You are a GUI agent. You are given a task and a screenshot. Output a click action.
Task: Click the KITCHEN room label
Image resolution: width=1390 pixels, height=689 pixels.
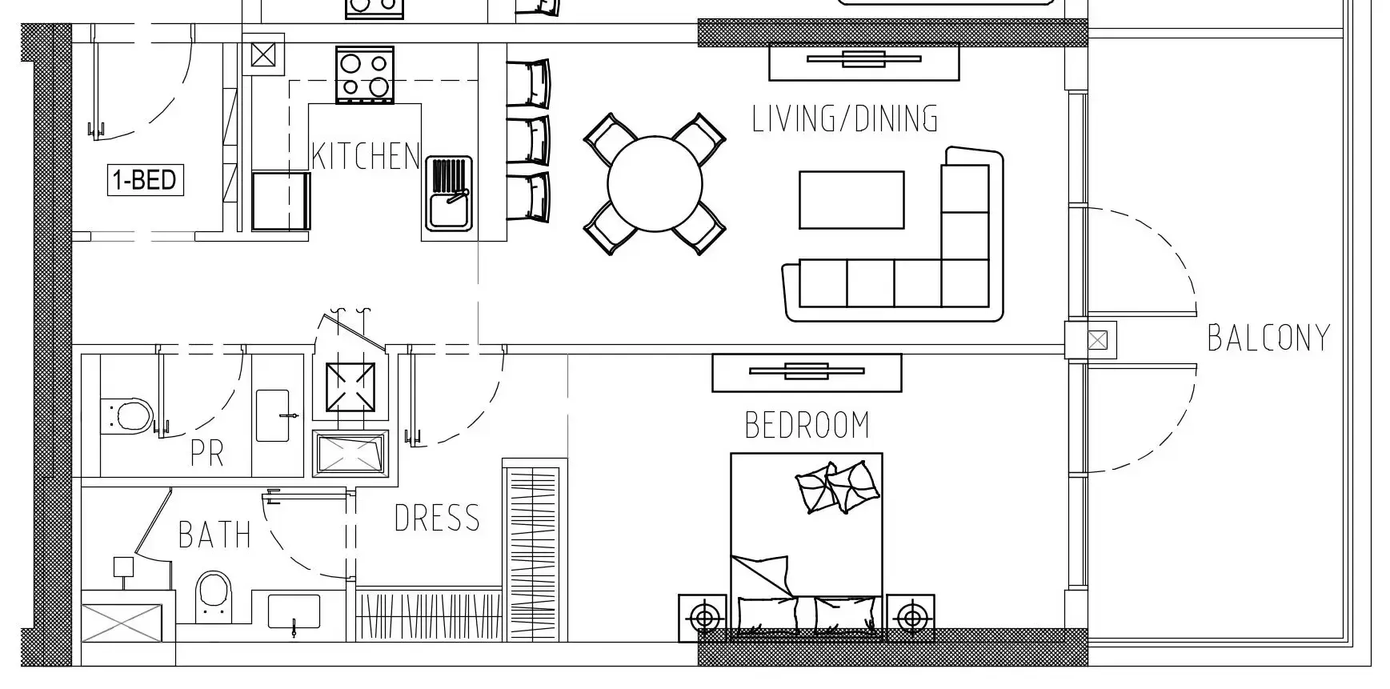(366, 156)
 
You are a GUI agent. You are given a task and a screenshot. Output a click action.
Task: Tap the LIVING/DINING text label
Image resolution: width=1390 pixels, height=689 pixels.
(845, 118)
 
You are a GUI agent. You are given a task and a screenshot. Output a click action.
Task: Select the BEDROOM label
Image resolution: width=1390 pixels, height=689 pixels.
(807, 425)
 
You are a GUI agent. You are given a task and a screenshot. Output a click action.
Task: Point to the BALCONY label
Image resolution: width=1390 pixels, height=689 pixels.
(1268, 338)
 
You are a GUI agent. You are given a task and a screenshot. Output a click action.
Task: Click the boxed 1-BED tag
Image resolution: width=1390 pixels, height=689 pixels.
(146, 180)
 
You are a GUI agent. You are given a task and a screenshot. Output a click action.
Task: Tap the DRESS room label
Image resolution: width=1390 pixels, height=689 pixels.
(437, 519)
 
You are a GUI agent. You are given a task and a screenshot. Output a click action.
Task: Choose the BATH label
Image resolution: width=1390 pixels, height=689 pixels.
(214, 535)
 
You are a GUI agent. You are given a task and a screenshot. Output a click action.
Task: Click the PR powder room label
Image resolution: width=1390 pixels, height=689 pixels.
(207, 453)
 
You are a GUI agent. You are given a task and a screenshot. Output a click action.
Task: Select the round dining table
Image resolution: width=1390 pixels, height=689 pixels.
(655, 183)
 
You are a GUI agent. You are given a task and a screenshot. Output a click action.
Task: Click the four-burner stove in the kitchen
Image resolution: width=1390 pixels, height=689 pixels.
(365, 74)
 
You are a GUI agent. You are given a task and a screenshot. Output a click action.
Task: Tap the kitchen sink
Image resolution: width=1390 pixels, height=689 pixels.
(449, 193)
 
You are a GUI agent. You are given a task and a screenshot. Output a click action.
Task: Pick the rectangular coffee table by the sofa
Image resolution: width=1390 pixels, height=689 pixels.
(851, 200)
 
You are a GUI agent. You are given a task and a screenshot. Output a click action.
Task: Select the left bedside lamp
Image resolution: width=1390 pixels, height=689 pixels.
(704, 618)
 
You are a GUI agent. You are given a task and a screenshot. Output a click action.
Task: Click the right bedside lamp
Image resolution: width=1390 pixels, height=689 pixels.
(911, 618)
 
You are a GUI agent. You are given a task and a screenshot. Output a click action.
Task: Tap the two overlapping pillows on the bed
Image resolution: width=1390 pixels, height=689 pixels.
(838, 487)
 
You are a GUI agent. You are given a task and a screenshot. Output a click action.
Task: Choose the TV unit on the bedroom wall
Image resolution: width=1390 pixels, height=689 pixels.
(807, 372)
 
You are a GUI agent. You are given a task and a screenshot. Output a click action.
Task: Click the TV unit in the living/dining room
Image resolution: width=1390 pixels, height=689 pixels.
(863, 61)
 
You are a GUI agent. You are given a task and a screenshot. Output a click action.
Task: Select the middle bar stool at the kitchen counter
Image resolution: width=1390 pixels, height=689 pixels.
(529, 141)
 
